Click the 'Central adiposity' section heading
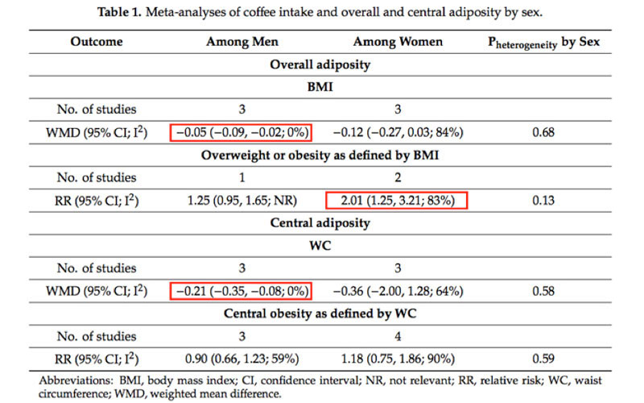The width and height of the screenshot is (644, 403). [324, 222]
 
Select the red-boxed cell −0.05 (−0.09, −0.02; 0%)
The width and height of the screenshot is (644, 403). [241, 132]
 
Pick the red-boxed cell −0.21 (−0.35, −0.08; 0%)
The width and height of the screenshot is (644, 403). [241, 290]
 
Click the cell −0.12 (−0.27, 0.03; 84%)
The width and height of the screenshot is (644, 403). [397, 132]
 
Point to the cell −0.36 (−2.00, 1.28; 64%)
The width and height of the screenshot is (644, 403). [397, 290]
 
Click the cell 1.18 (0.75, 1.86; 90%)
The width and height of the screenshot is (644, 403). [397, 358]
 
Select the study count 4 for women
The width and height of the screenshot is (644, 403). [397, 335]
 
